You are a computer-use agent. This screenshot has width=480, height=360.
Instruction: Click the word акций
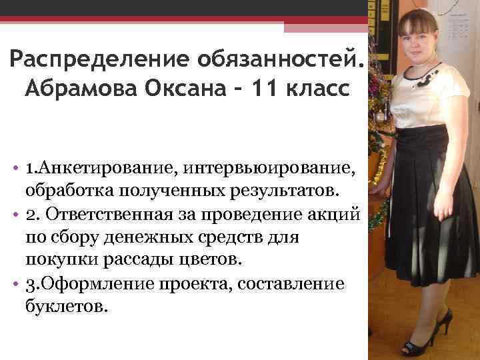point(339,215)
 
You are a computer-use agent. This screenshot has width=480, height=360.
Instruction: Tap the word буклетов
point(67,307)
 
